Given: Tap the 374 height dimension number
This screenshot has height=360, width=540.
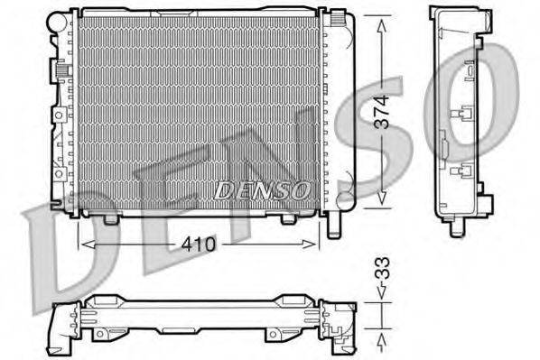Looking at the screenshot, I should [x=383, y=112].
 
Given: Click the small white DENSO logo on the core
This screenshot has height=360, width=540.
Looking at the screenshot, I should [x=263, y=189].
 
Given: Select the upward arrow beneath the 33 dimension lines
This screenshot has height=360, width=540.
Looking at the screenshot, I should [x=383, y=338].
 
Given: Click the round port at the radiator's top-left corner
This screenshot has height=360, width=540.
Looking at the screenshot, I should [x=60, y=17].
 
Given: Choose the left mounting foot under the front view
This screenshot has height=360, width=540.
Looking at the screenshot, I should [x=111, y=217].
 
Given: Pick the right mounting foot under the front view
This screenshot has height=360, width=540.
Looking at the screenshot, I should [x=288, y=217].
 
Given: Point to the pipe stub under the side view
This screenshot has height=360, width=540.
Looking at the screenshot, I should [x=457, y=225].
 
